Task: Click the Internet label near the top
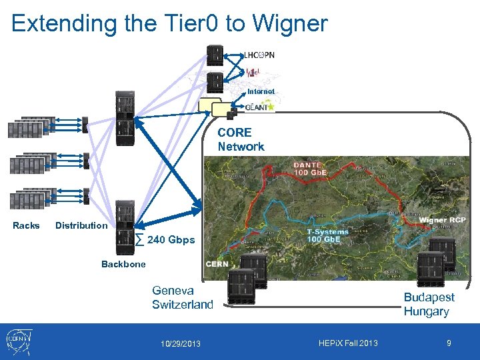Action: coord(261,91)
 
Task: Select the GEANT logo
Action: coord(259,107)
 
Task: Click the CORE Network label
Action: coord(241,139)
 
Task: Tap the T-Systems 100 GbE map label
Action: coord(327,236)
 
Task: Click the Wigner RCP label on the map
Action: coord(442,220)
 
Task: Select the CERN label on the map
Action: coord(217,264)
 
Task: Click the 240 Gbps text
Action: coord(171,240)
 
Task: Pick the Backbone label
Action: coord(123,264)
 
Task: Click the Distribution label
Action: coord(81,225)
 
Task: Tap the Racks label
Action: coord(26,225)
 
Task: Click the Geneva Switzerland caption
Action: coord(183,297)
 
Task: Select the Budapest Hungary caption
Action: coord(429,304)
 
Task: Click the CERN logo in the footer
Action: coord(21,341)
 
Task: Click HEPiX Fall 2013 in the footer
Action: coord(348,343)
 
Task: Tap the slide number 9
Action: coord(449,343)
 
